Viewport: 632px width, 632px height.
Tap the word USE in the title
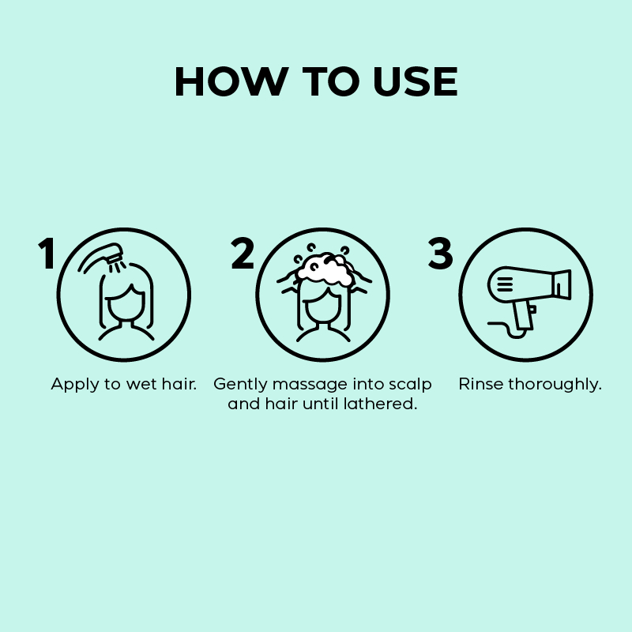click(x=416, y=81)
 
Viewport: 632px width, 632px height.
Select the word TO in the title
click(x=330, y=81)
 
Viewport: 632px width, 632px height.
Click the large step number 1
click(x=47, y=253)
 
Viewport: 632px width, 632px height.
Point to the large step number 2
click(x=243, y=253)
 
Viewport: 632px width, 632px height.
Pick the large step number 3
click(x=440, y=253)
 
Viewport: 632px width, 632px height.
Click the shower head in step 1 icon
click(x=113, y=251)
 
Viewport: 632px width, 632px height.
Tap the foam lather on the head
click(x=325, y=269)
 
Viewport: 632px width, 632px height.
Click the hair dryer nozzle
click(x=563, y=285)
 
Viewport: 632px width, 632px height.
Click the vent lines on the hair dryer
click(x=504, y=284)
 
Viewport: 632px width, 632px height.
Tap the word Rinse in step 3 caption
click(x=481, y=384)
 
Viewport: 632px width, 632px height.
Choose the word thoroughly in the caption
click(x=555, y=385)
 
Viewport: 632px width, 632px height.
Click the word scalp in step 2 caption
click(x=410, y=385)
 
